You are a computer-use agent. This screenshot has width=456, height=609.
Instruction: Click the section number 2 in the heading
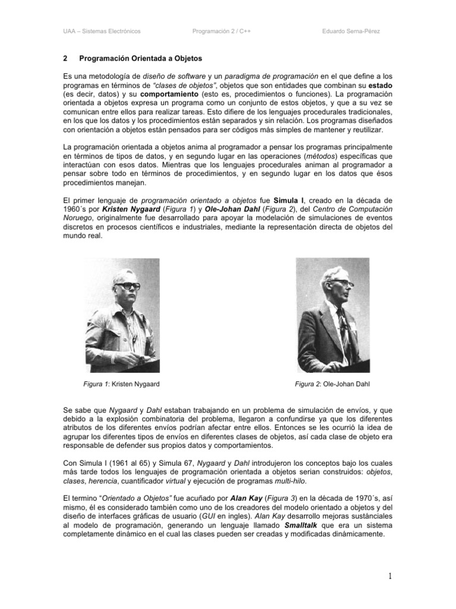65,59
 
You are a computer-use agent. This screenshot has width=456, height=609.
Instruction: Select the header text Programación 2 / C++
221,30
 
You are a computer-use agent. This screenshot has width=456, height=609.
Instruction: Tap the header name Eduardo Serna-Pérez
355,30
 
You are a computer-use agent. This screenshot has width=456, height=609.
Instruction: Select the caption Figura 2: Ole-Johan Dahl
332,384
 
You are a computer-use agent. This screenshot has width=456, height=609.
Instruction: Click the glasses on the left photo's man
127,287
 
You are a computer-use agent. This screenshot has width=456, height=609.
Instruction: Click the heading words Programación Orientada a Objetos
141,59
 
